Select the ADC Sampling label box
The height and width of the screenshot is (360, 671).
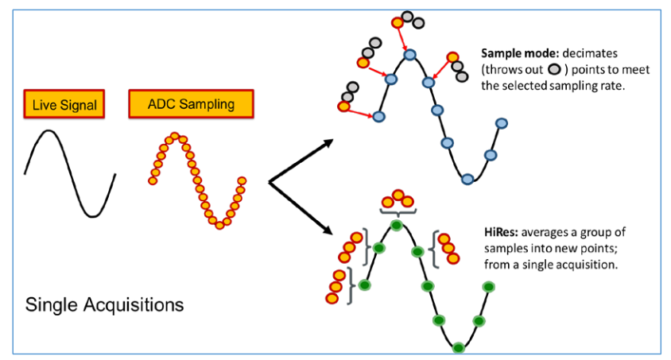click(x=191, y=103)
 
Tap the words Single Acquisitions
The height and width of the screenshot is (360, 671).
click(x=104, y=304)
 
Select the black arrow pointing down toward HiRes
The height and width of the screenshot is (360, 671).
click(x=302, y=210)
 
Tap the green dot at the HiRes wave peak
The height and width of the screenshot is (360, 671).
click(x=396, y=226)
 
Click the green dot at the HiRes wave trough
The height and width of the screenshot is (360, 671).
click(x=459, y=346)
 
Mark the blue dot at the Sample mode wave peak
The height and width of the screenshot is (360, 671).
click(x=409, y=55)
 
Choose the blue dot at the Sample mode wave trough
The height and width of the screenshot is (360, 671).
click(x=468, y=178)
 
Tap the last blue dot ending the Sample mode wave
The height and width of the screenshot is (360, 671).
click(x=502, y=122)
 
